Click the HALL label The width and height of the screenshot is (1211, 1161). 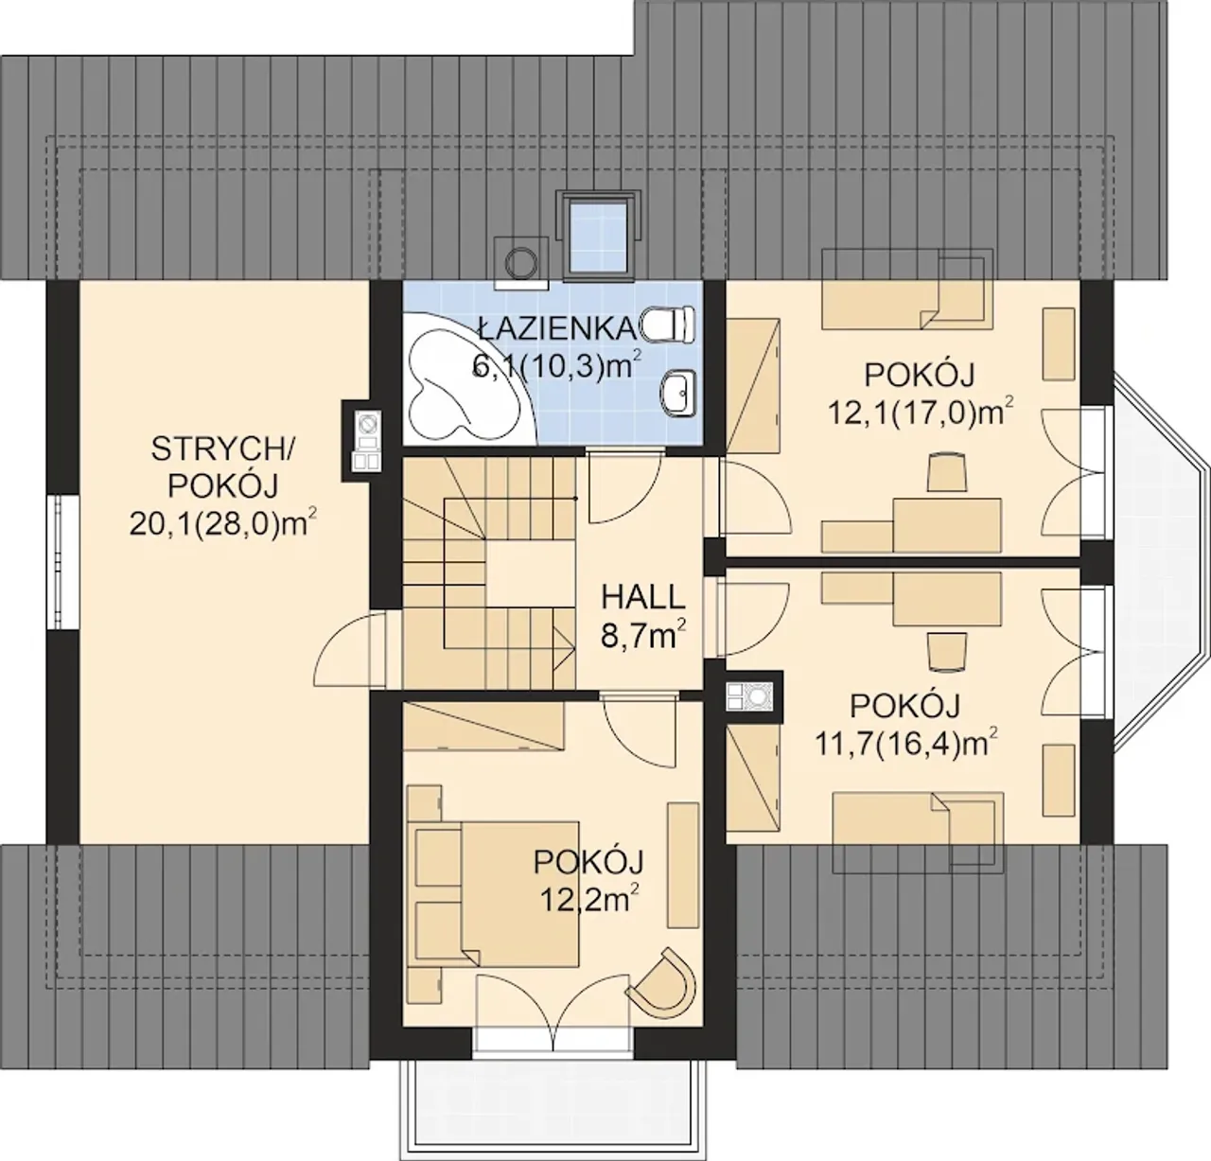click(x=642, y=598)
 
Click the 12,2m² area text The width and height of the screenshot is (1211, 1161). click(x=589, y=900)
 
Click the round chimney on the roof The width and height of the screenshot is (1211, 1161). click(x=521, y=263)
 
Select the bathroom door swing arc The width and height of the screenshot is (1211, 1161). click(x=624, y=488)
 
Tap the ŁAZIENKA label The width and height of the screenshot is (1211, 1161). click(x=557, y=328)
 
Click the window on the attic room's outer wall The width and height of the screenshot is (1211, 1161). click(x=64, y=562)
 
